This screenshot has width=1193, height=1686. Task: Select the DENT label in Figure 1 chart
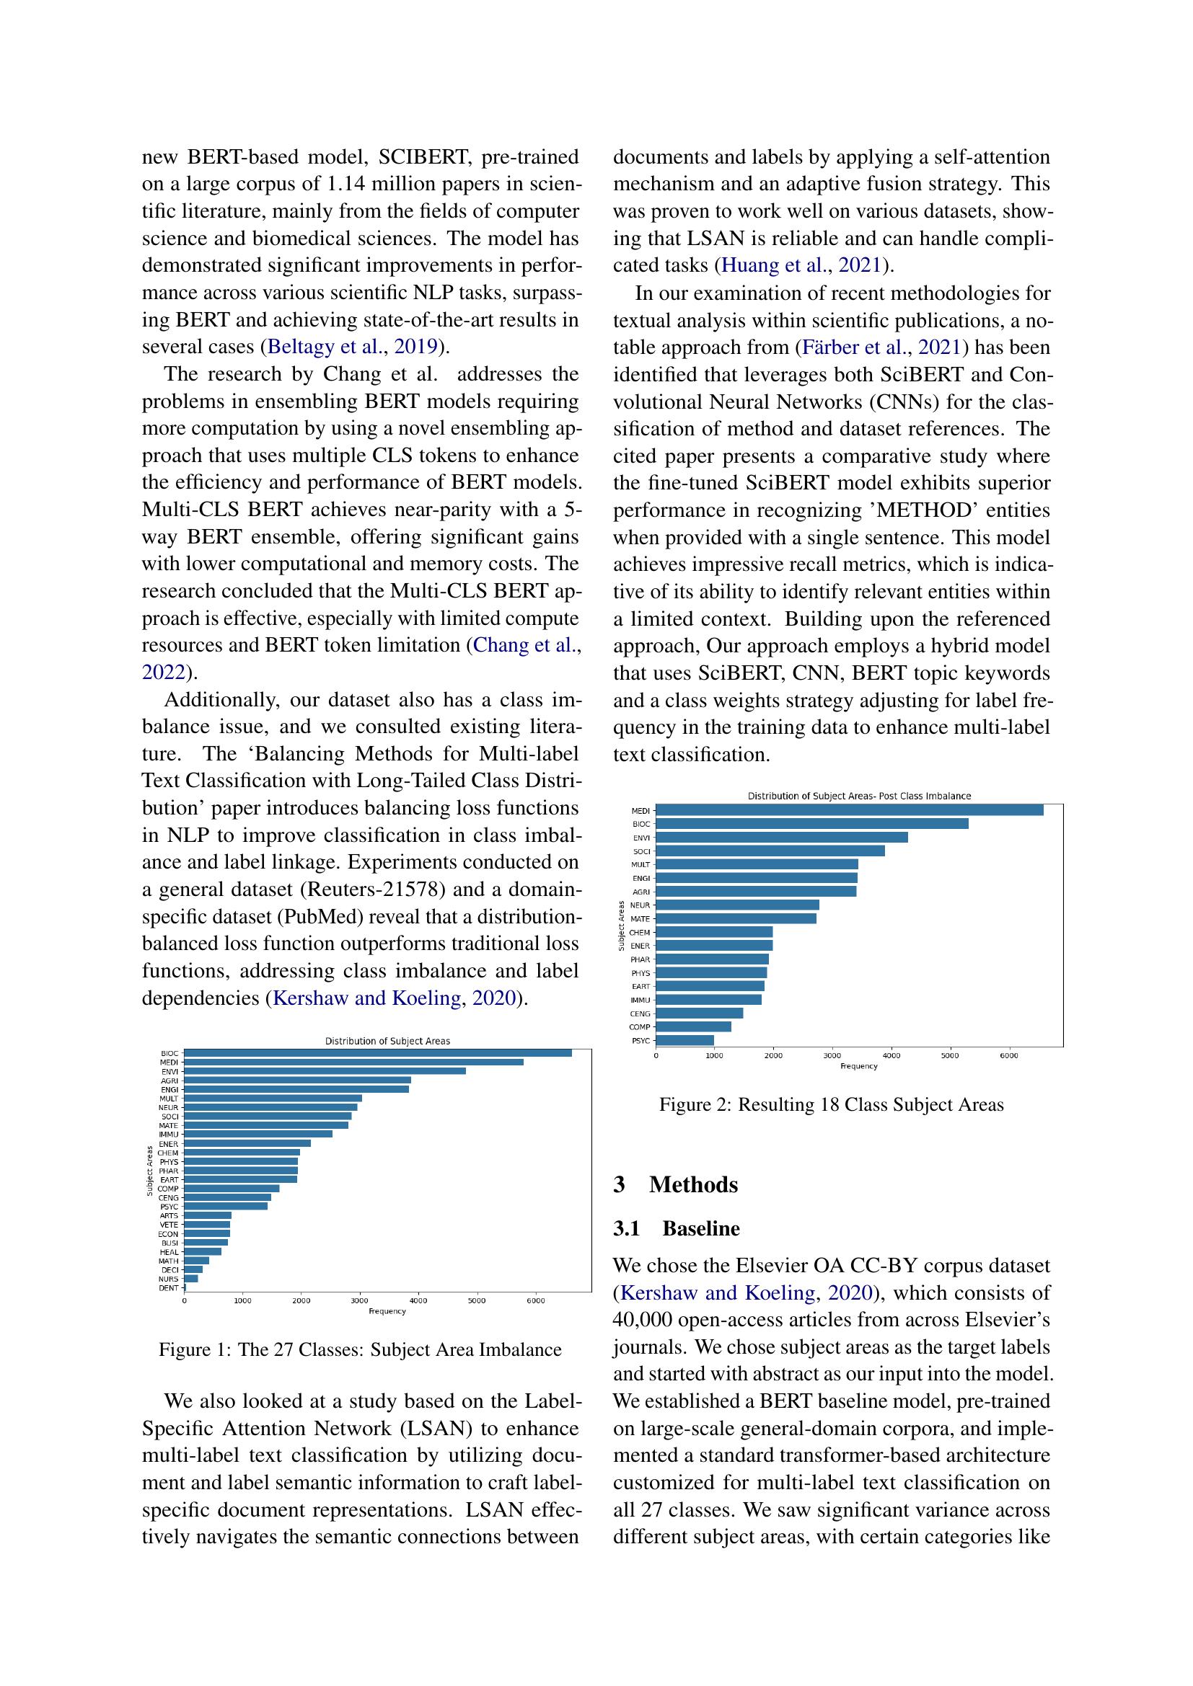coord(169,1287)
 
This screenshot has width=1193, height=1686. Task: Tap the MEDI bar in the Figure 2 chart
coord(849,810)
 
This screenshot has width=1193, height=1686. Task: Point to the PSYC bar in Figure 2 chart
coord(684,1040)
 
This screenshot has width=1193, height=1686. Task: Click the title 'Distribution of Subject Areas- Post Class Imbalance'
coord(859,796)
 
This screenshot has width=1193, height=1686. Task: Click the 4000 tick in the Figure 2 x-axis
coord(891,1055)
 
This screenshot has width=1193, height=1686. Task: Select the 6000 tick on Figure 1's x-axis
coord(535,1300)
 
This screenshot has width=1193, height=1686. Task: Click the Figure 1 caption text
coord(360,1349)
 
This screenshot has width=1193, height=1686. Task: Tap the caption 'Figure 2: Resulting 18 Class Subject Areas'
coord(831,1105)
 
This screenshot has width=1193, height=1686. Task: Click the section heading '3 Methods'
coord(675,1184)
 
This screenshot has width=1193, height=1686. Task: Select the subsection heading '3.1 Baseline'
coord(677,1228)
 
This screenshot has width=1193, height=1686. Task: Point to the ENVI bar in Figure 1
coord(325,1070)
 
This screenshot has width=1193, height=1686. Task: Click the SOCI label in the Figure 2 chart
coord(641,851)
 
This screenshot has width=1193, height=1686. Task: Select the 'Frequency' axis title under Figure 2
coord(859,1066)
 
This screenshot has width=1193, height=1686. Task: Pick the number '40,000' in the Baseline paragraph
coord(642,1320)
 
